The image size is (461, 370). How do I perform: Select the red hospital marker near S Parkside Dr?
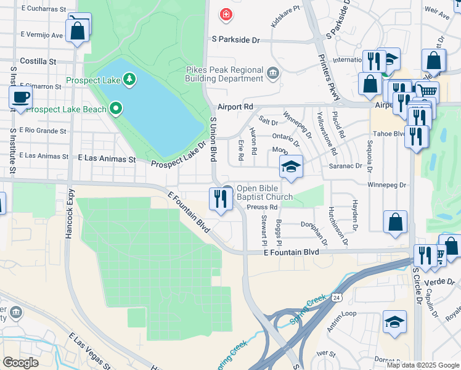[x=226, y=14]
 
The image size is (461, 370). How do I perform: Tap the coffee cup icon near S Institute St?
[x=20, y=97]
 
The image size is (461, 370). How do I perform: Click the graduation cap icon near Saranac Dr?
[x=291, y=166]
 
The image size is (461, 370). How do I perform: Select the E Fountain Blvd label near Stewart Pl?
[x=291, y=253]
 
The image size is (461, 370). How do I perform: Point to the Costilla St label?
[x=38, y=62]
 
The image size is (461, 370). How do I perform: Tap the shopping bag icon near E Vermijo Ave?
[x=78, y=30]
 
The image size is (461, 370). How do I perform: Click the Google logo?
[x=20, y=363]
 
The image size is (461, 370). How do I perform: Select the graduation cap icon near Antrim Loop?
[x=394, y=322]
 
